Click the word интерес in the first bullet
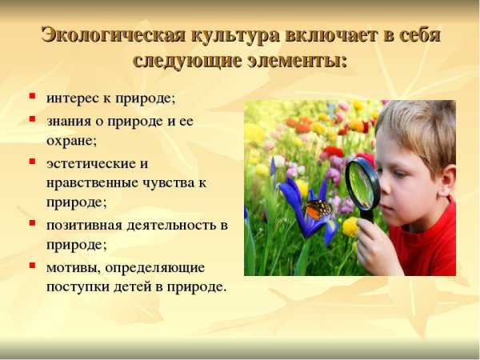pos(71,99)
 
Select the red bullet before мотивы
pos(32,265)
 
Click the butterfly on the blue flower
pos(318,210)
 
